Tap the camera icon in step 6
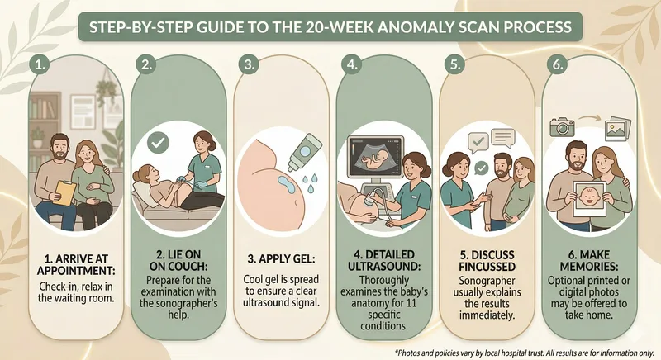[x=562, y=126]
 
